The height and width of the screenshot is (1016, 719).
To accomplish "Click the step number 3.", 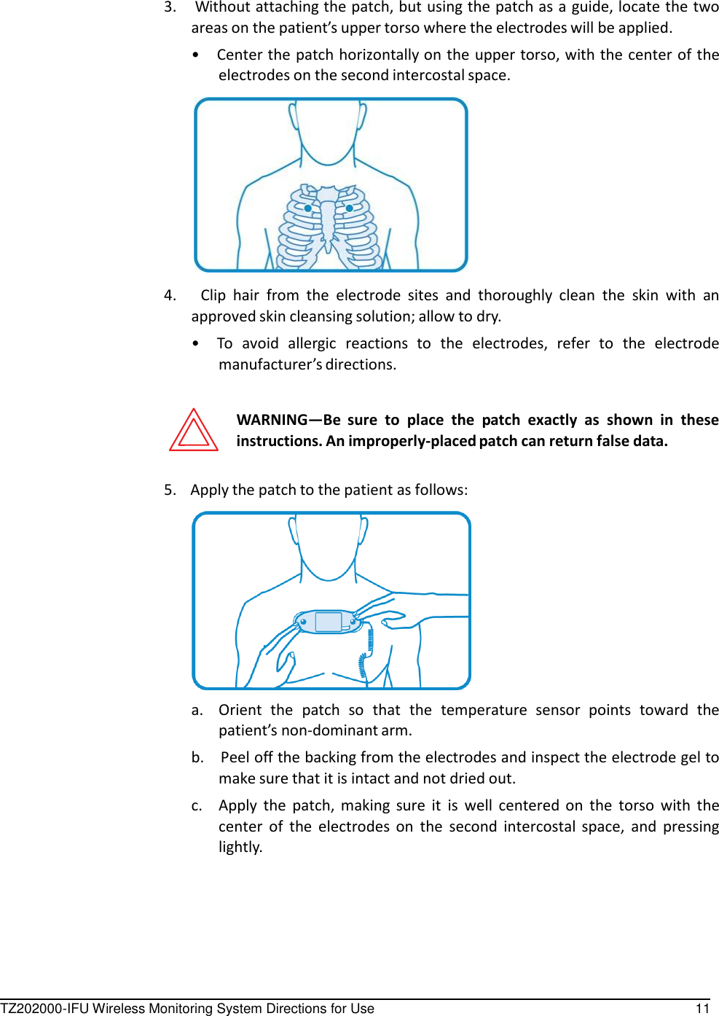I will pyautogui.click(x=169, y=7).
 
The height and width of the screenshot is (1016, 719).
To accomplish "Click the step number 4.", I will pyautogui.click(x=169, y=295).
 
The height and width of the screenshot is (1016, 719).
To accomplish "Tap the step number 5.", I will pyautogui.click(x=169, y=490).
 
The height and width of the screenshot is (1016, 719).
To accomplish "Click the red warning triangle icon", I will pyautogui.click(x=194, y=431).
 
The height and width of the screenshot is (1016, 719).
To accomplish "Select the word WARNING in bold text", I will pyautogui.click(x=272, y=420).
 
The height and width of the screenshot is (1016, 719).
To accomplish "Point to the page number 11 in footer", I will pyautogui.click(x=702, y=1008).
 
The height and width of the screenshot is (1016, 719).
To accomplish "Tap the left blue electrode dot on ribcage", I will pyautogui.click(x=308, y=208).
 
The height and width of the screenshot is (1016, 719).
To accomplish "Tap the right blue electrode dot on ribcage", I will pyautogui.click(x=350, y=208).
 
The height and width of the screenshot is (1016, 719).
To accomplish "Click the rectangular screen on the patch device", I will pyautogui.click(x=329, y=622).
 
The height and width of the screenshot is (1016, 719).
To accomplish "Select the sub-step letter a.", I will pyautogui.click(x=197, y=710).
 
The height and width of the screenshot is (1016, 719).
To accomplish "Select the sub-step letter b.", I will pyautogui.click(x=197, y=757).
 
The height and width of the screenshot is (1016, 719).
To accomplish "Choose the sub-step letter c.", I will pyautogui.click(x=197, y=805).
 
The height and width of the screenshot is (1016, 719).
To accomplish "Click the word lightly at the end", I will pyautogui.click(x=240, y=847).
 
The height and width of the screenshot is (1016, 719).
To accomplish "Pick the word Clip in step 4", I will pyautogui.click(x=213, y=295).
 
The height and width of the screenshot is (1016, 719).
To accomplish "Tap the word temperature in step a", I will pyautogui.click(x=484, y=710).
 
